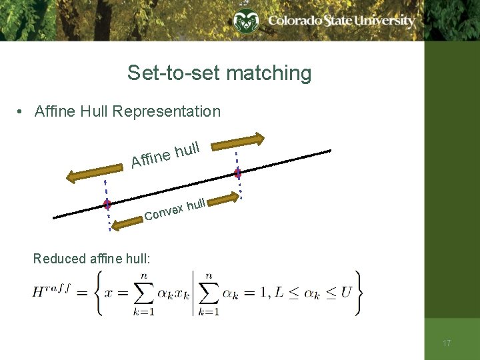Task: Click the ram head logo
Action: [x=245, y=22]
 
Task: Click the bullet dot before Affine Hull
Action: [x=22, y=112]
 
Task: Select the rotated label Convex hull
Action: [x=175, y=209]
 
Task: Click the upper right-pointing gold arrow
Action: [x=238, y=141]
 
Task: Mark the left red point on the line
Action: [x=107, y=205]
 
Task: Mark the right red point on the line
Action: [x=237, y=173]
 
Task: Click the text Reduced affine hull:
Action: [x=91, y=259]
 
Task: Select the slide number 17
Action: [x=447, y=343]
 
